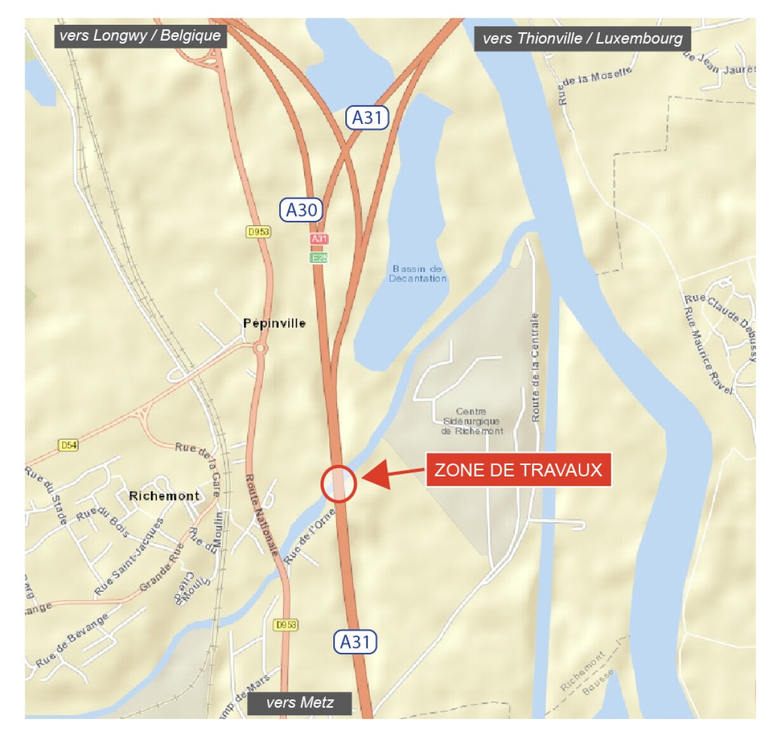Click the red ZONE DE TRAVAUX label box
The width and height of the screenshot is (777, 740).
pyautogui.click(x=518, y=470)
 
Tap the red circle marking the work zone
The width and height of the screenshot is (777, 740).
pyautogui.click(x=338, y=484)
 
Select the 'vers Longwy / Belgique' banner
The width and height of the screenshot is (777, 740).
pyautogui.click(x=140, y=36)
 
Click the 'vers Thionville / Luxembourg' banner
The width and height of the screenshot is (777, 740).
pyautogui.click(x=582, y=39)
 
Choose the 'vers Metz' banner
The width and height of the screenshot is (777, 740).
pyautogui.click(x=300, y=703)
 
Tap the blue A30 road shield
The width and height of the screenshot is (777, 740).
pyautogui.click(x=302, y=210)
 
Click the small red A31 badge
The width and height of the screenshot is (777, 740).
pyautogui.click(x=319, y=239)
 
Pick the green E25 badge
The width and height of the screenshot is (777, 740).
pyautogui.click(x=319, y=258)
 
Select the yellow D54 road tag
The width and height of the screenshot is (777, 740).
pyautogui.click(x=68, y=445)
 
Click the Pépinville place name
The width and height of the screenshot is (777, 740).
pyautogui.click(x=274, y=323)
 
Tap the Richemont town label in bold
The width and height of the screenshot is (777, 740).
pyautogui.click(x=164, y=496)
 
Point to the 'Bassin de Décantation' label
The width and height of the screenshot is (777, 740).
pyautogui.click(x=418, y=274)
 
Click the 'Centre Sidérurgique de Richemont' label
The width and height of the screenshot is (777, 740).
pyautogui.click(x=472, y=421)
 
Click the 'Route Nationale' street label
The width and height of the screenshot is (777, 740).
pyautogui.click(x=262, y=515)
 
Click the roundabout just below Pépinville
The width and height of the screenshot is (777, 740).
pyautogui.click(x=260, y=348)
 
